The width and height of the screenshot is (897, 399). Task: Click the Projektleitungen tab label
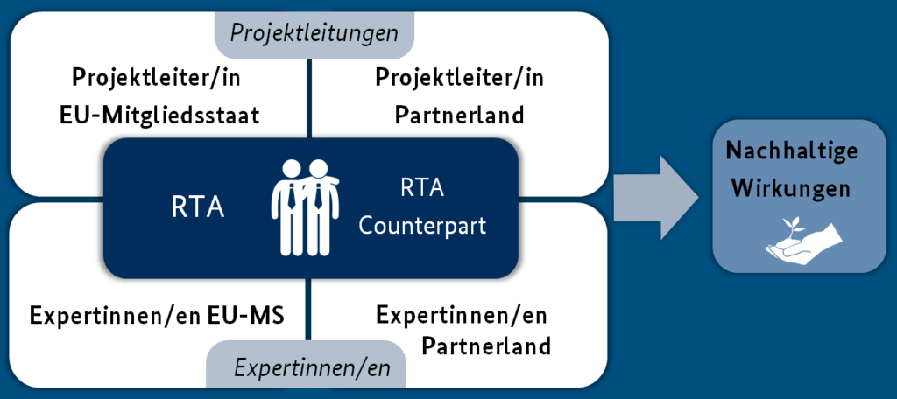click(314, 33)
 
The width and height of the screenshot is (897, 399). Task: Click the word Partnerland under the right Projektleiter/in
click(459, 115)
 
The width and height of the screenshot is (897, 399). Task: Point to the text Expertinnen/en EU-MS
click(157, 315)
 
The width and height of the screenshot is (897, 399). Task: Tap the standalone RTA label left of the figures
click(197, 208)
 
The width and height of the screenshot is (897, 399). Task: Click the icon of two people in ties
click(306, 207)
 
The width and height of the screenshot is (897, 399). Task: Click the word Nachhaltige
click(792, 150)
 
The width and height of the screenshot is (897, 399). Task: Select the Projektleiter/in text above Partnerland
click(459, 78)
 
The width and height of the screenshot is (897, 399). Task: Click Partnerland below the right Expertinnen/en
click(486, 346)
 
